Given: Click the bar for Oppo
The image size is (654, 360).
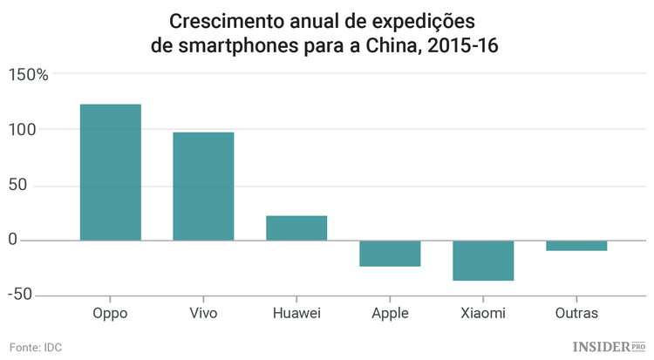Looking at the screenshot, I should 110,172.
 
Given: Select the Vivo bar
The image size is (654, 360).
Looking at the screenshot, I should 203,186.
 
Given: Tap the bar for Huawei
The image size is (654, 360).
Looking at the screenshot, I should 296,228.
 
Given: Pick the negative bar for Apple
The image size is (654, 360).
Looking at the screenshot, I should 390,253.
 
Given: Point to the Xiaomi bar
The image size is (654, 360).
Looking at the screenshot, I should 483,260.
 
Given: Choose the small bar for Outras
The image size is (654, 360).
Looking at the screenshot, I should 576,245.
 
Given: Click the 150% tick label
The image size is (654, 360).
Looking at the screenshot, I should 29,75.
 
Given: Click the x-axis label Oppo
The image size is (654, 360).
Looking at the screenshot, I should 110,313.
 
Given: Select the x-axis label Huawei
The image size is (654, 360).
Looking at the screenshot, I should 296,313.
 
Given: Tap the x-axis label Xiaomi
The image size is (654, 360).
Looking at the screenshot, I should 483,313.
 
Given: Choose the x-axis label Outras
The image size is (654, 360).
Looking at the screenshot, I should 576,313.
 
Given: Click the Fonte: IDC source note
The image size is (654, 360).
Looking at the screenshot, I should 36,347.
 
